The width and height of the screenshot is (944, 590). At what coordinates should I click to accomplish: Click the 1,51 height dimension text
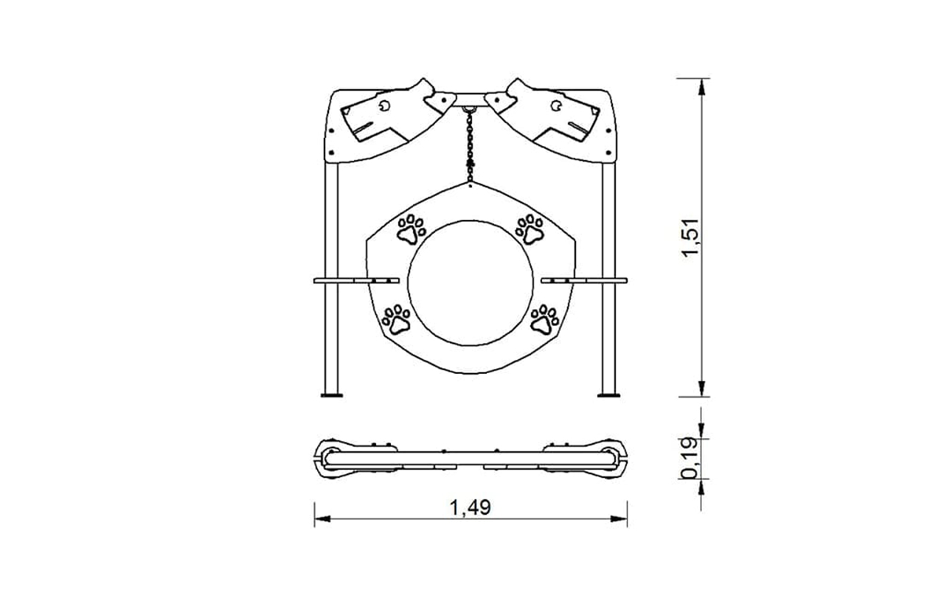692,237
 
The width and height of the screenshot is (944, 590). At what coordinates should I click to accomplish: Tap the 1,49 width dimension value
471,507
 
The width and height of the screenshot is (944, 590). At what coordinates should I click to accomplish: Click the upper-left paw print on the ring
412,229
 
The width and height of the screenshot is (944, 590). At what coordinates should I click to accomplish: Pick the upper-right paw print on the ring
530,229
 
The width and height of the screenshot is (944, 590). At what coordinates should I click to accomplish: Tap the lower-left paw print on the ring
396,319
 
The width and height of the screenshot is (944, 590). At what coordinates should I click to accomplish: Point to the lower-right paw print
544,319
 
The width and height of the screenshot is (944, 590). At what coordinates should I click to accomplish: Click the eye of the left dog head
385,105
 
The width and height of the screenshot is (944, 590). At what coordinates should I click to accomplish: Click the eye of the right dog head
556,105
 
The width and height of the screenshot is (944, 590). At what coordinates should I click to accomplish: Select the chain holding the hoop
470,145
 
